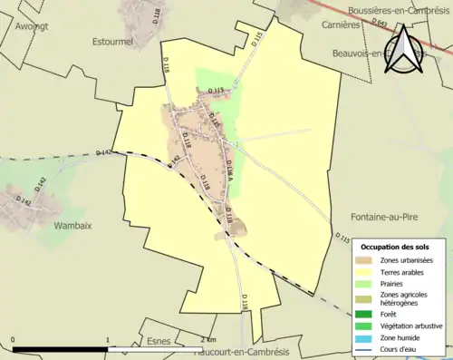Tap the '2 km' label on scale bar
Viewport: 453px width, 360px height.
coord(196,341)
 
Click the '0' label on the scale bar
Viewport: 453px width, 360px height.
coord(13,341)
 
